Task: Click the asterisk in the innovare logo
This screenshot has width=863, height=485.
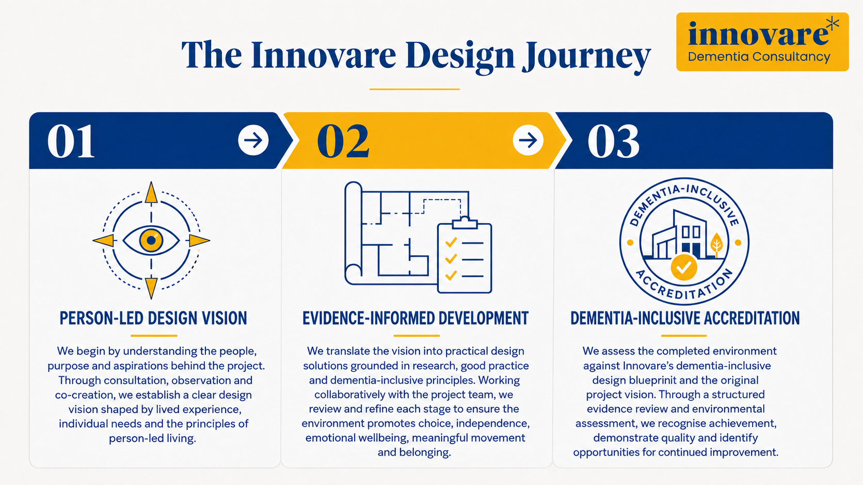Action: (833, 24)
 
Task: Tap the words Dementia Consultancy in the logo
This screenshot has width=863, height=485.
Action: (759, 57)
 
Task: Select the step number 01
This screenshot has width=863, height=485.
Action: (71, 141)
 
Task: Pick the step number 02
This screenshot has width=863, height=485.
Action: (343, 141)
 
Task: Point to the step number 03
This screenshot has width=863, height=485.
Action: (614, 141)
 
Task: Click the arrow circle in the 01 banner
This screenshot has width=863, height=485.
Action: (253, 140)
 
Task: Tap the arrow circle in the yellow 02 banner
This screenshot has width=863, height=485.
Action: (528, 140)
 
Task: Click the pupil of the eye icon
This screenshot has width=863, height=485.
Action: (151, 240)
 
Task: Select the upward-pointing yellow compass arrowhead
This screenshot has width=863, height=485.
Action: (151, 193)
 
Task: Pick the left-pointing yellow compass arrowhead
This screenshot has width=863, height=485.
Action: (104, 241)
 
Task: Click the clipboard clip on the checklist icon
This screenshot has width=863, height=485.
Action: (465, 222)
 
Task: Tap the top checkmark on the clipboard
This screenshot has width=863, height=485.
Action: (451, 243)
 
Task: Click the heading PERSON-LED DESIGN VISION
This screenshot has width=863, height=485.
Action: (153, 319)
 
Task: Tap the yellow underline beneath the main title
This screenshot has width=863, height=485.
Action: (414, 89)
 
